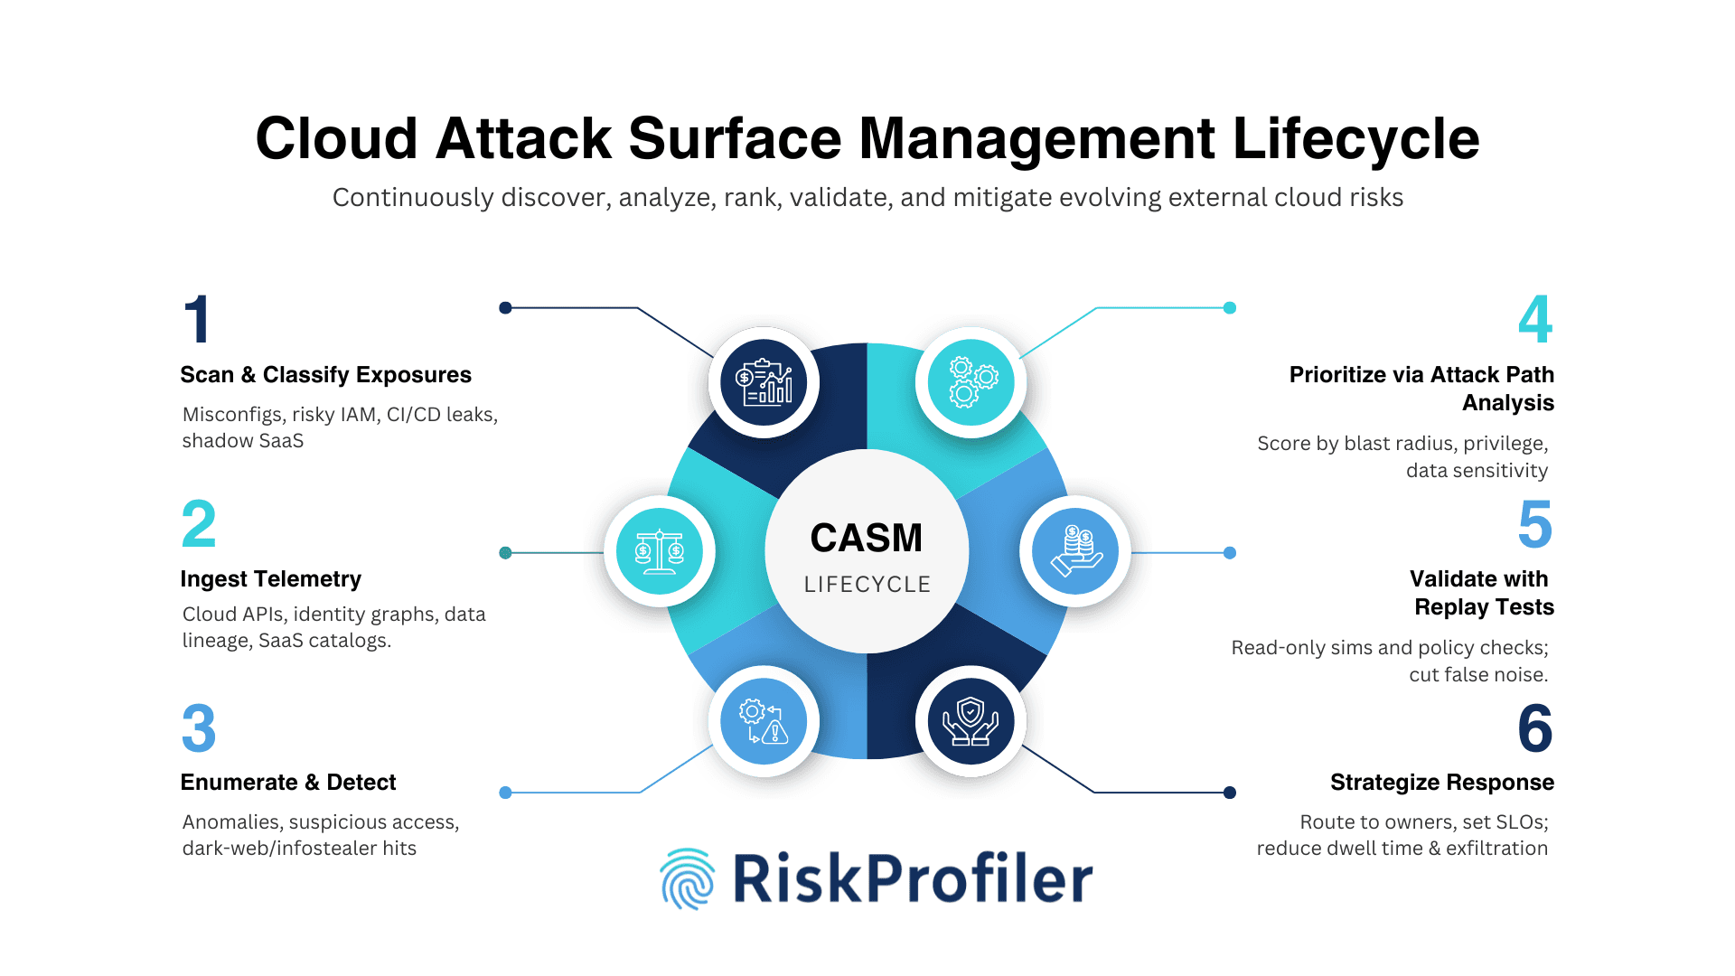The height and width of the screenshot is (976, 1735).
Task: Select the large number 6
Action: (1535, 728)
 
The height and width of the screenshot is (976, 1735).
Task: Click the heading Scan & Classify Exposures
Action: (325, 375)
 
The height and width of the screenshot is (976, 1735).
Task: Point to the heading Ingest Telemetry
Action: (270, 579)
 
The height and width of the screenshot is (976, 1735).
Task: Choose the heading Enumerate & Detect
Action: (287, 783)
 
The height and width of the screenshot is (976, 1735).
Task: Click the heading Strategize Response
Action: (1441, 783)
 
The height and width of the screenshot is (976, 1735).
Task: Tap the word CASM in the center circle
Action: (866, 539)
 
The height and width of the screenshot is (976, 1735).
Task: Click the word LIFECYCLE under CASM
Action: (867, 585)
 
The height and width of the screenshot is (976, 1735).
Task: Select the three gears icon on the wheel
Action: (971, 382)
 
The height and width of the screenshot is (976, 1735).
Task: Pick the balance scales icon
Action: (660, 551)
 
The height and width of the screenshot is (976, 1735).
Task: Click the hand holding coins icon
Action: (1075, 551)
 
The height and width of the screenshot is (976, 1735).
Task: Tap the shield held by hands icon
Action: (971, 721)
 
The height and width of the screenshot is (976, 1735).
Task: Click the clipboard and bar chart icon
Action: (764, 382)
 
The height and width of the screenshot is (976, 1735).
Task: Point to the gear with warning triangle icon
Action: (764, 721)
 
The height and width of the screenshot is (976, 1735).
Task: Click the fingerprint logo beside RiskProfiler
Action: (688, 878)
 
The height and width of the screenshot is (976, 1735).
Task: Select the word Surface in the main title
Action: (734, 139)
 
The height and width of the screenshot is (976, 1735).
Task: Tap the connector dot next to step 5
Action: (1230, 553)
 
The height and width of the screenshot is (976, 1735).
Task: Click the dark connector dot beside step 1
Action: (506, 308)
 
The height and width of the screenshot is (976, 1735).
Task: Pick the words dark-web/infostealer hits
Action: (299, 849)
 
